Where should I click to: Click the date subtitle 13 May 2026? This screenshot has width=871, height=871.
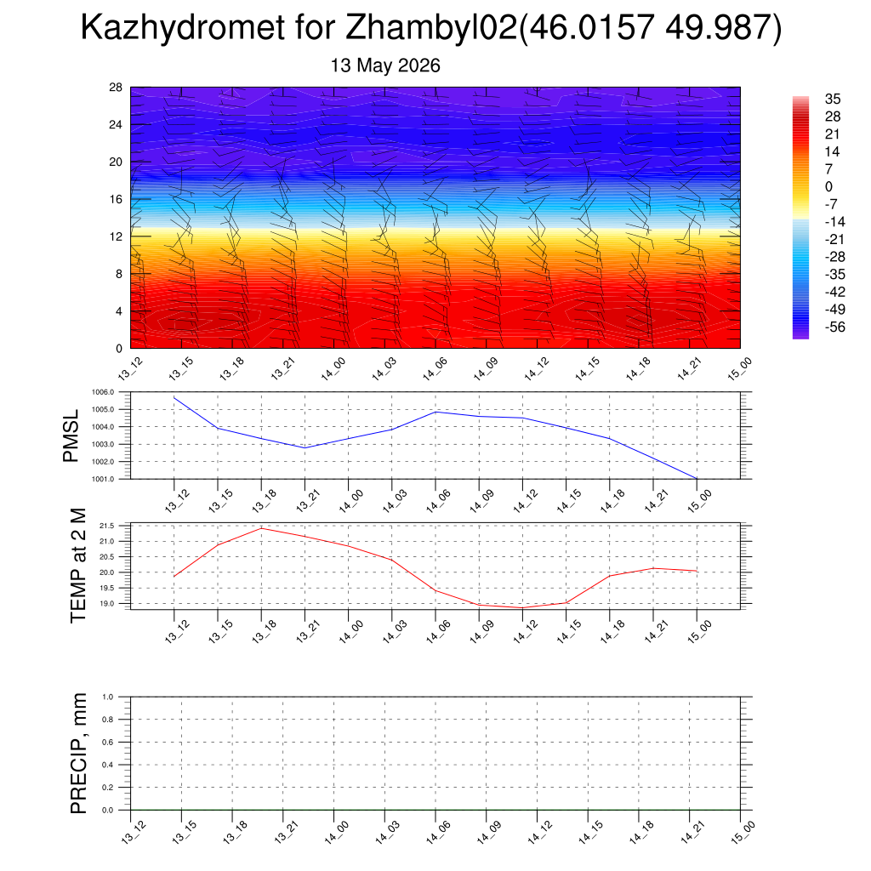(385, 65)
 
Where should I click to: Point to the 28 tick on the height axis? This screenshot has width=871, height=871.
(116, 88)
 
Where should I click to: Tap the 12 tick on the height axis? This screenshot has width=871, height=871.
(116, 236)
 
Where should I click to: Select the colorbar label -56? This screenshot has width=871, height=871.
(835, 327)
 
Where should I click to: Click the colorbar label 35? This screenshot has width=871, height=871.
(833, 99)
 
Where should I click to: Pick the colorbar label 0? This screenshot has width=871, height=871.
(828, 186)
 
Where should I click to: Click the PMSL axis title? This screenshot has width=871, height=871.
(71, 436)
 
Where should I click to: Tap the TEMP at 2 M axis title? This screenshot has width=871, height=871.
(78, 566)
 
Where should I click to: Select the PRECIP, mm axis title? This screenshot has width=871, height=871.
(78, 754)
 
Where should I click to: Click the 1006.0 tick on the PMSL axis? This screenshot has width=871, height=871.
(103, 392)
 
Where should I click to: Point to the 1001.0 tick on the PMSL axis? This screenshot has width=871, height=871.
(103, 479)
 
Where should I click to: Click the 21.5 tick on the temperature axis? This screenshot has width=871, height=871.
(106, 526)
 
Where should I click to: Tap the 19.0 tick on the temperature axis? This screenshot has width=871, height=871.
(106, 603)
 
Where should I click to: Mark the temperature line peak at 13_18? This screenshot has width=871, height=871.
(261, 528)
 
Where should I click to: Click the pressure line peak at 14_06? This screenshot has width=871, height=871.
(435, 412)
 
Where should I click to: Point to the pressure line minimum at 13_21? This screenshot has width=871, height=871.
(305, 447)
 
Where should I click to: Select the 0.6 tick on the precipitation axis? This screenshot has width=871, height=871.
(108, 742)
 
